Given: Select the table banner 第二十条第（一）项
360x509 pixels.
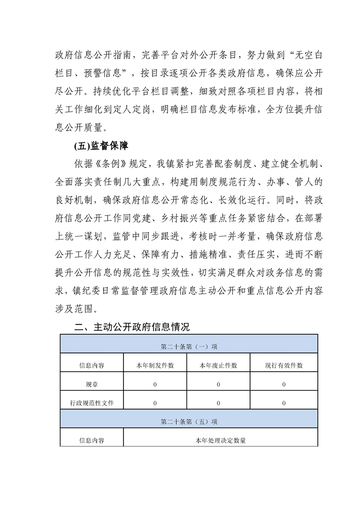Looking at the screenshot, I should [189, 346].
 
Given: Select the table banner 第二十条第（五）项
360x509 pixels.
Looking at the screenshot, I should [189, 421].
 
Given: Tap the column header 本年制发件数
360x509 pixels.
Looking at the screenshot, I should [155, 365].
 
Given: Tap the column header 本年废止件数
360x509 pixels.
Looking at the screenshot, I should [218, 365].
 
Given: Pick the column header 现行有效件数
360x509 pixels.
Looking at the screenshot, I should [284, 365].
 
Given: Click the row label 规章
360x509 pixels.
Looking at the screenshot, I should [92, 384].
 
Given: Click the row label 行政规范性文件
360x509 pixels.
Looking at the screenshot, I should [92, 403].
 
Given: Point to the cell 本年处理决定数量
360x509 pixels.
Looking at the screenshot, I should [221, 440].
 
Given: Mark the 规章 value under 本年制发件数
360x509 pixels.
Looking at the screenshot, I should [155, 384].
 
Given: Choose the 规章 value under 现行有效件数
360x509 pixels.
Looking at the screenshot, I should [284, 384].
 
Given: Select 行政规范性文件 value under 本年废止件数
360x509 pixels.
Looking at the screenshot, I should [218, 403].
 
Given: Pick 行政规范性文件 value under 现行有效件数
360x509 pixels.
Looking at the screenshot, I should [284, 403].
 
